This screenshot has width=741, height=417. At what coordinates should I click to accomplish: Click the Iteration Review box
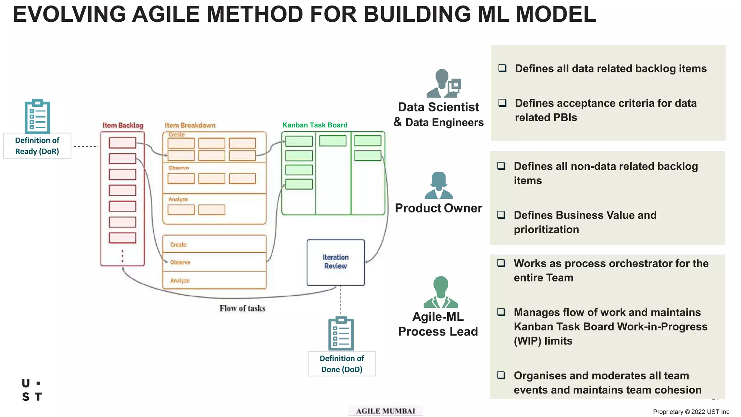click(x=335, y=262)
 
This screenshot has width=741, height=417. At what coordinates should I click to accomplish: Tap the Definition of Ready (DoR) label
click(x=37, y=146)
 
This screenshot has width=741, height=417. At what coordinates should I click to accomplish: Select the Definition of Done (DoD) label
click(x=342, y=363)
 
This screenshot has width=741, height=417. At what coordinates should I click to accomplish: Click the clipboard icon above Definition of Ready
click(x=37, y=116)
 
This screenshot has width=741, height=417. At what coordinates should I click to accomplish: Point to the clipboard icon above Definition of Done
click(x=341, y=333)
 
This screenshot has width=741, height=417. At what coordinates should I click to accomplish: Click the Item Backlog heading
click(x=123, y=125)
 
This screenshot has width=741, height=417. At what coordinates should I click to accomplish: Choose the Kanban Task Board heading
click(x=315, y=125)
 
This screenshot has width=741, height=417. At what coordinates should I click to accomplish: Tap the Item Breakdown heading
click(x=190, y=125)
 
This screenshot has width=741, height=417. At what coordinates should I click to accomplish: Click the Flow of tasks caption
click(x=242, y=308)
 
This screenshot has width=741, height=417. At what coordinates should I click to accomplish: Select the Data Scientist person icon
click(x=443, y=84)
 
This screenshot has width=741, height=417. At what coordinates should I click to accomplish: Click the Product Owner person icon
click(x=439, y=185)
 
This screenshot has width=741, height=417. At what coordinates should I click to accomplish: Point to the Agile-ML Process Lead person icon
click(x=440, y=292)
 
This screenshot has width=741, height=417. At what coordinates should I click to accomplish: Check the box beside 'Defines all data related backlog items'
click(x=502, y=68)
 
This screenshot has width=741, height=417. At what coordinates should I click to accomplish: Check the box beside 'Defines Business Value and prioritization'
click(x=501, y=215)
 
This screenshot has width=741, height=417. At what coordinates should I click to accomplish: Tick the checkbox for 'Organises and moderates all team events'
click(x=501, y=375)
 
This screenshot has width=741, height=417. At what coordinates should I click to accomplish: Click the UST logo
click(x=32, y=390)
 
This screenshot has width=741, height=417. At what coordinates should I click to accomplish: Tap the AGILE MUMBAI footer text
click(x=385, y=411)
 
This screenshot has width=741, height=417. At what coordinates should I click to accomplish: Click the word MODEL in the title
click(x=555, y=14)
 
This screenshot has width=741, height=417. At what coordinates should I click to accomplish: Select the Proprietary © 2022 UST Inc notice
click(x=691, y=412)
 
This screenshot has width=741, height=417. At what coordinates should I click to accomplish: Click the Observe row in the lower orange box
click(x=214, y=262)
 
